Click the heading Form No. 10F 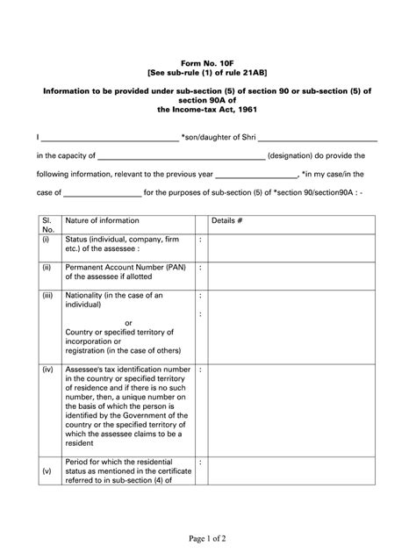[x=208, y=65]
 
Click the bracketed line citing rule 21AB [x=208, y=75]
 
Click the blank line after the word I [x=109, y=140]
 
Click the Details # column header [x=227, y=220]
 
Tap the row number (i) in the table [x=45, y=239]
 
